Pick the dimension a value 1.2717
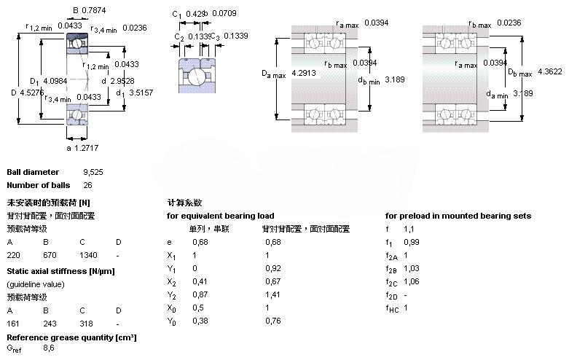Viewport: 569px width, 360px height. click(89, 148)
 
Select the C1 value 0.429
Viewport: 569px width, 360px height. click(194, 14)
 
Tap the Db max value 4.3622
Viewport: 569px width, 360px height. click(550, 71)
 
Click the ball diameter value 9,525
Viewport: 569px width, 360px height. click(95, 172)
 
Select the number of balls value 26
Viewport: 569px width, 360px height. click(87, 185)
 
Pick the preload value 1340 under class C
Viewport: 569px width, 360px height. click(88, 256)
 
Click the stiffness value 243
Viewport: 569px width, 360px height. click(49, 323)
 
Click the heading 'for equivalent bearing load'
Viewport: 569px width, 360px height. click(221, 216)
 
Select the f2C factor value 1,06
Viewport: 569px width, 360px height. click(412, 282)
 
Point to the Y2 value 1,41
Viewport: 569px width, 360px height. click(272, 294)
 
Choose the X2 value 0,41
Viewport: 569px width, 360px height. click(199, 282)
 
